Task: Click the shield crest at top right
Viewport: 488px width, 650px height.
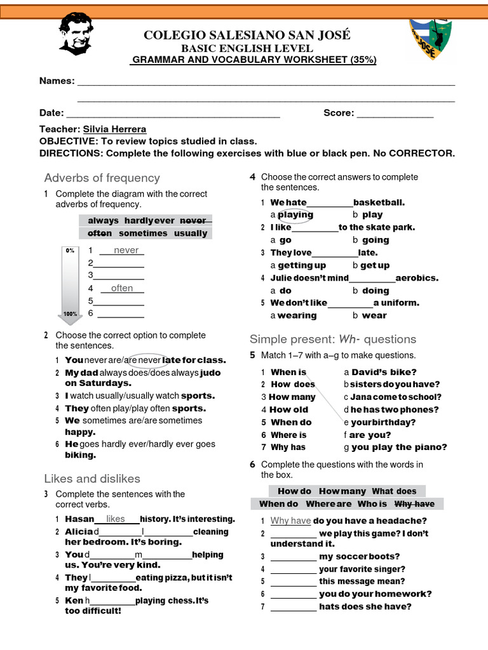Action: (430, 39)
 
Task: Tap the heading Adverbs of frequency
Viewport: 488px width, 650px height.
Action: (102, 178)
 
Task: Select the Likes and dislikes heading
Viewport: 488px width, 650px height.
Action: (92, 479)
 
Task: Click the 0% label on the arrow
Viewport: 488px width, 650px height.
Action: (70, 251)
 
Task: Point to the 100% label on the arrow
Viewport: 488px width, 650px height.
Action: (70, 314)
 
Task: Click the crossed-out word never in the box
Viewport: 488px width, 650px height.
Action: (194, 220)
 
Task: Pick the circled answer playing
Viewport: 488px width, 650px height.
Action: (295, 215)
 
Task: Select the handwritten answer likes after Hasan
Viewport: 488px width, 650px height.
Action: (116, 519)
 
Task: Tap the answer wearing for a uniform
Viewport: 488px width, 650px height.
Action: (297, 315)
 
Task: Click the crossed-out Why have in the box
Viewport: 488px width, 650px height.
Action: (414, 504)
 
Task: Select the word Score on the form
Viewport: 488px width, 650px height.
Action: (338, 113)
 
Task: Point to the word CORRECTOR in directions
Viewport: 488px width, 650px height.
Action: (422, 154)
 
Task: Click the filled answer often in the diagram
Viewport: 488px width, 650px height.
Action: (122, 288)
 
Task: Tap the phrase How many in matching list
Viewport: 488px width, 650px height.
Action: (292, 397)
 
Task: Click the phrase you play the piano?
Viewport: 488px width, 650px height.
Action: (399, 447)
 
